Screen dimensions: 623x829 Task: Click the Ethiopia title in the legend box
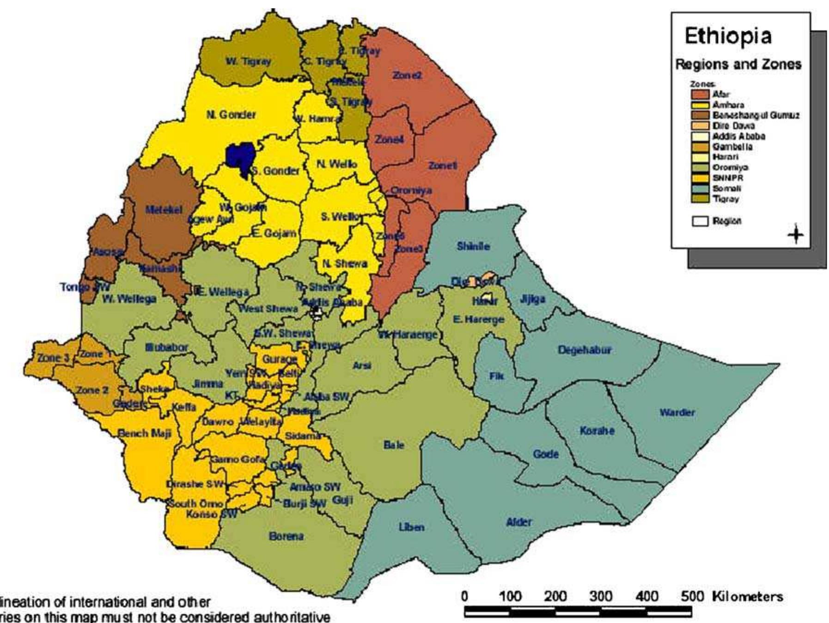(x=728, y=36)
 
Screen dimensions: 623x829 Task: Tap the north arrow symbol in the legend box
(x=795, y=234)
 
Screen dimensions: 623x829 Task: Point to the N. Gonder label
(x=231, y=115)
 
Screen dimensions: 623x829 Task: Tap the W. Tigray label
(x=248, y=61)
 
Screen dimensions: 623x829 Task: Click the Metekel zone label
(x=164, y=210)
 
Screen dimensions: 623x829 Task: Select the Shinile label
(x=473, y=246)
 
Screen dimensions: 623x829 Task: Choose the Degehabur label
(x=585, y=350)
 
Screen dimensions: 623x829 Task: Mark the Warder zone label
(x=677, y=412)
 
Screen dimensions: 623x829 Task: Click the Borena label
(x=286, y=537)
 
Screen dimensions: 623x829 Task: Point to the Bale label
(x=394, y=445)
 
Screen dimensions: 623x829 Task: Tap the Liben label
(x=411, y=527)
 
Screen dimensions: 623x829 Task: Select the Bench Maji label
(x=145, y=434)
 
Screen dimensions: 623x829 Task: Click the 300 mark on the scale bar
(x=601, y=596)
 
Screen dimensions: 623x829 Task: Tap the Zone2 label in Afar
(x=407, y=75)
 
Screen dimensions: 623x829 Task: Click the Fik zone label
(x=496, y=376)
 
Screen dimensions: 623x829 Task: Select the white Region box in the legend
(x=699, y=221)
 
